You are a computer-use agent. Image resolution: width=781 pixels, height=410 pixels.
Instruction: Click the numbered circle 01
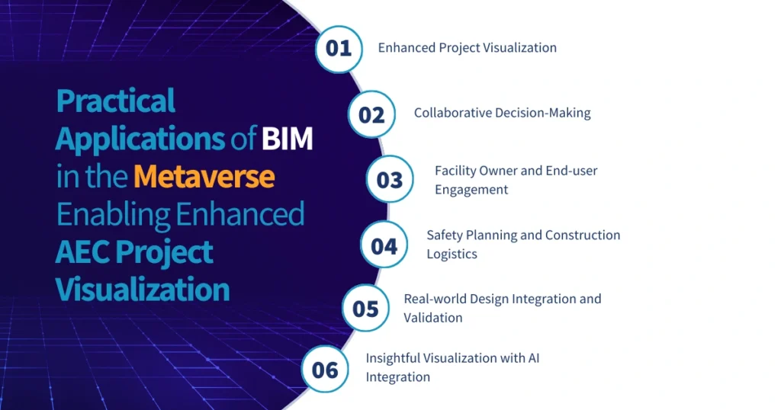339,48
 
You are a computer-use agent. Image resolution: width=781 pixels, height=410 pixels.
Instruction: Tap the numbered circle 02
371,114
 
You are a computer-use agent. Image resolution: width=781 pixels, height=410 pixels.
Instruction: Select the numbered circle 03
390,180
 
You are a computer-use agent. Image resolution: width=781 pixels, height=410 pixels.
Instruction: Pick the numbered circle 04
384,245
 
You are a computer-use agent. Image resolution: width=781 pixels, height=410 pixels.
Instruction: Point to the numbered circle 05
366,309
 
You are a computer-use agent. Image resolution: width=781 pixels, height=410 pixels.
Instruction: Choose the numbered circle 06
325,370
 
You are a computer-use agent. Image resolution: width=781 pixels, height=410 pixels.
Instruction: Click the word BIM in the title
288,139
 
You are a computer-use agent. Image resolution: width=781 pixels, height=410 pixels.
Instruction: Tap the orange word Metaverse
204,177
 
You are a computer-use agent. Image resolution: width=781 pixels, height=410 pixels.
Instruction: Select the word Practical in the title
116,101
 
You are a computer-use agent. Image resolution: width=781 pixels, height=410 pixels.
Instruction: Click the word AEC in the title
85,252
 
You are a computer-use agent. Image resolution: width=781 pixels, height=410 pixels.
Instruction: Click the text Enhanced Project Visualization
468,48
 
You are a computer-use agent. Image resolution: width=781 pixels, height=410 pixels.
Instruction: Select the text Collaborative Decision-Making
503,113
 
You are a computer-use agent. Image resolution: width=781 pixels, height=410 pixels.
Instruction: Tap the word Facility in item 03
455,171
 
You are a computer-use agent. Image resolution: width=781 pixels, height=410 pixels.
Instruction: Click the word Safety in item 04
445,235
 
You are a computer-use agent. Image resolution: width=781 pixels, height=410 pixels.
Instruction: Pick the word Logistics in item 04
452,255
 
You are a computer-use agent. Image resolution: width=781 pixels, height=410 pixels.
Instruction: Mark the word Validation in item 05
433,318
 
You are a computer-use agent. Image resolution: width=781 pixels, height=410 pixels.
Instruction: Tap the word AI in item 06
534,358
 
